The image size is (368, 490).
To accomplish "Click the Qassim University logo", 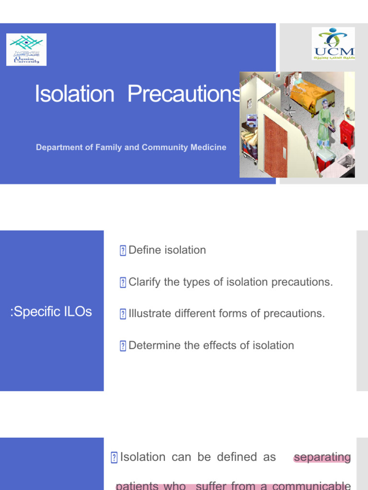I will [26, 49].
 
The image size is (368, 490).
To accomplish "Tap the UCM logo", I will [333, 44].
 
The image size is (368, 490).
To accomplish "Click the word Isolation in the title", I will [75, 94].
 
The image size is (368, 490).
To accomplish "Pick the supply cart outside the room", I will [249, 139].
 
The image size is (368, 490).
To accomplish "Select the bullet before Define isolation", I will [123, 251].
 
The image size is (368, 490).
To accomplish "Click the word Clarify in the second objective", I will [145, 282].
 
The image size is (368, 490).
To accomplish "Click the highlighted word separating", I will [322, 457].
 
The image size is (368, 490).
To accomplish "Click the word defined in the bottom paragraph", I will [237, 457].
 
